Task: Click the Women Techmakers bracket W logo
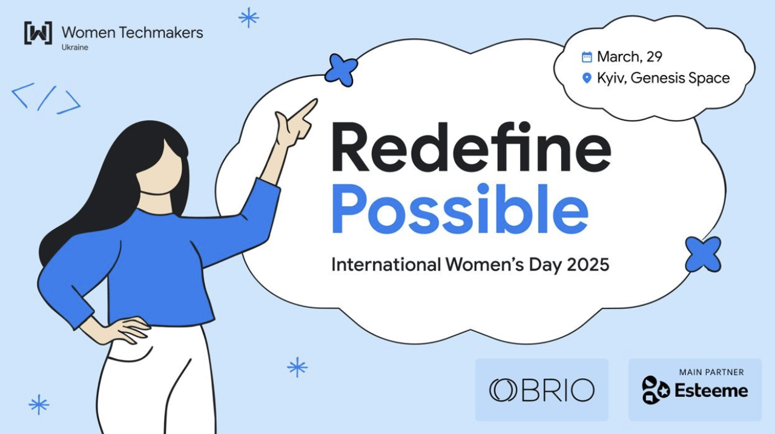point(38,33)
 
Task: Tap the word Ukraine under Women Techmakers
point(74,47)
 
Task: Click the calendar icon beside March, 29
point(587,57)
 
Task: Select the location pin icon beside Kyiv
point(587,78)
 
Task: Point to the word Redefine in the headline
point(471,147)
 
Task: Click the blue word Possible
point(460,209)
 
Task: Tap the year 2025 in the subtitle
point(588,265)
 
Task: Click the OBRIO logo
point(542,390)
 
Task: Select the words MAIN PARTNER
point(711,372)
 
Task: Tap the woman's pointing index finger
point(303,110)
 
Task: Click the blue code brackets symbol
point(46,98)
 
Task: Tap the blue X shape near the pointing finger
point(341,70)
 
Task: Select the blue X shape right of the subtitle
point(703,255)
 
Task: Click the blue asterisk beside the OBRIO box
point(297,367)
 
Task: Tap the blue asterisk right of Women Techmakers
point(249,18)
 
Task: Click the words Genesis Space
point(680,78)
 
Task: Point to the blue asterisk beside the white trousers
point(39,404)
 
